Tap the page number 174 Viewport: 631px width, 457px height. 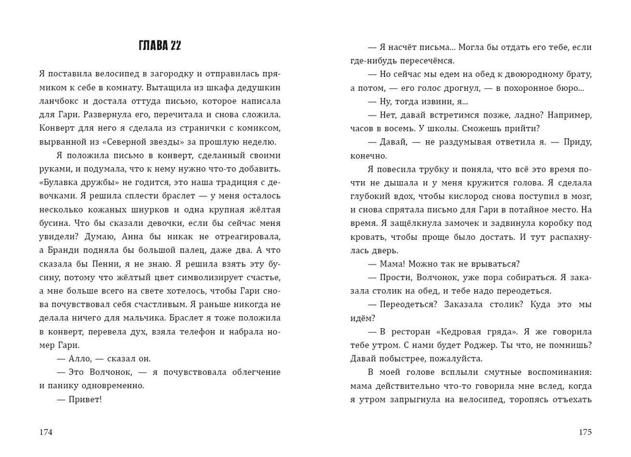(46, 432)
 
